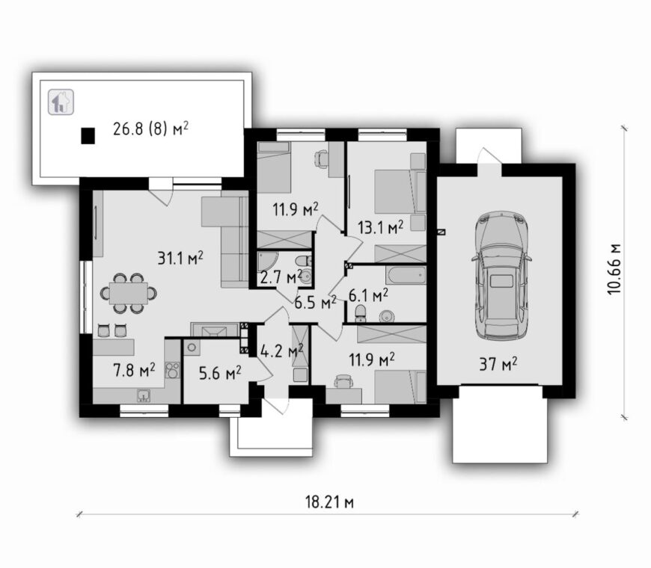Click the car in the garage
pos(501,276)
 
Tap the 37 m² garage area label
pos(498,365)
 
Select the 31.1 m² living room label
pos(180,258)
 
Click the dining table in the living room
pos(129,293)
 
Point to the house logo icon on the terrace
pos(61,102)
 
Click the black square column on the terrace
pos(88,135)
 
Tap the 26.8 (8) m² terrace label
pos(150,129)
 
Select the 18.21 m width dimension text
pos(330,502)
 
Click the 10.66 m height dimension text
pos(614,268)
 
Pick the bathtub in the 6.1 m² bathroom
pos(406,275)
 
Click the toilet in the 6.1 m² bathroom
pos(361,313)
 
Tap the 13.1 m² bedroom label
pos(381,227)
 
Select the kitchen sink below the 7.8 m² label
pos(144,395)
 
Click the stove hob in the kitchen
pos(173,370)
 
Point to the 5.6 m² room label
pos(220,374)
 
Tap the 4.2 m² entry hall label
pos(282,351)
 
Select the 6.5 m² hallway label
pos(315,303)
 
